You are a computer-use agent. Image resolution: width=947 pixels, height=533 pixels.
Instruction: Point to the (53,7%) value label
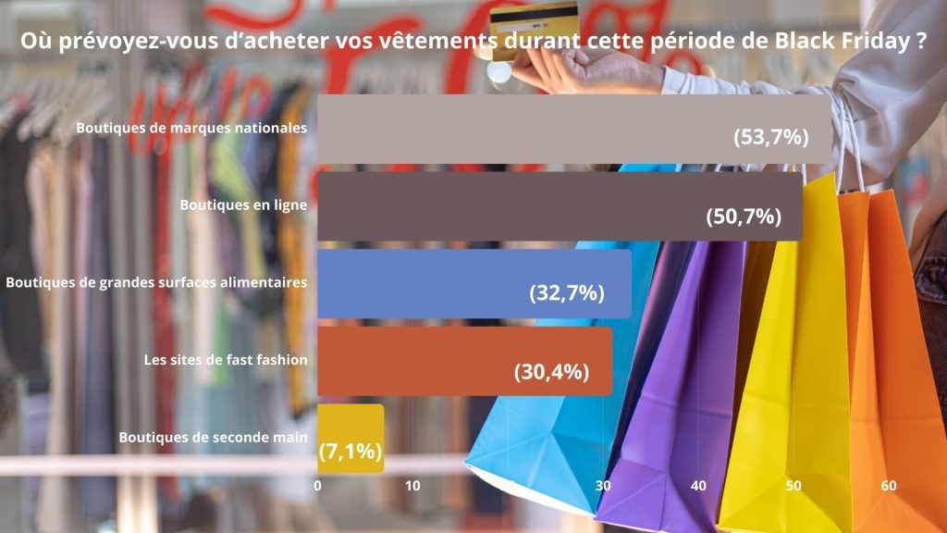coord(771,138)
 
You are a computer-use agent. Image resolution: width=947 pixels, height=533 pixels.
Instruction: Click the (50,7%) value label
coord(744,217)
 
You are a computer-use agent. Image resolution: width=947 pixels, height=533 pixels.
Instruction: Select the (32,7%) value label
coord(567,293)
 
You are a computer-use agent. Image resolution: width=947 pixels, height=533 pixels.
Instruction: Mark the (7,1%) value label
coord(350,452)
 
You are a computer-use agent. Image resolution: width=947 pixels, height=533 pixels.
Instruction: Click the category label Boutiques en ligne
coord(243,205)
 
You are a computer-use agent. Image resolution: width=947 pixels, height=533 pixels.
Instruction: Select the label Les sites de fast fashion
coord(225,359)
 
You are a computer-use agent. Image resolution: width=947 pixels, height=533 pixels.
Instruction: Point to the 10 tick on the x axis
coord(412,486)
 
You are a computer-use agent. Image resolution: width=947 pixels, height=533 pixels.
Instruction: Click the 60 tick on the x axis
coord(889,486)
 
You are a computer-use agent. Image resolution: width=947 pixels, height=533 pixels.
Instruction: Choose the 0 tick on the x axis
coord(318,486)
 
